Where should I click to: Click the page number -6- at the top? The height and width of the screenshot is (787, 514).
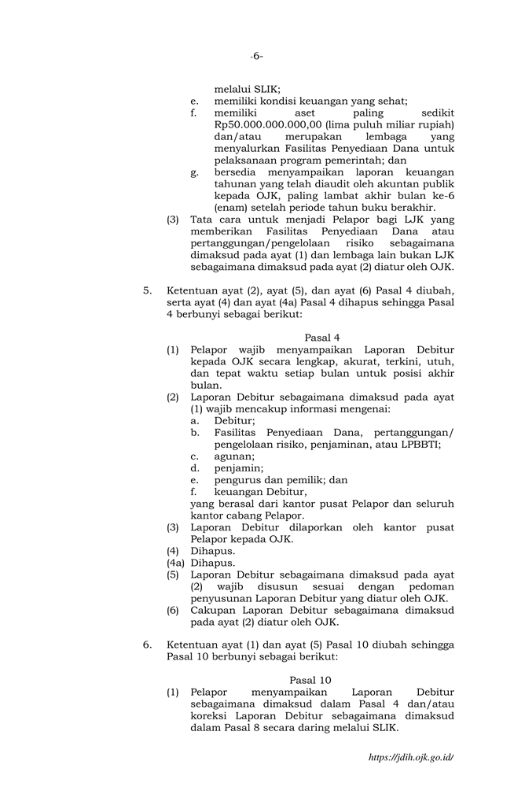coord(256,56)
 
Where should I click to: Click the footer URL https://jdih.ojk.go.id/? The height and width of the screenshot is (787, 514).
coord(411,757)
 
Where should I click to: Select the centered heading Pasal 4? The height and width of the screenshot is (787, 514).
coord(321,338)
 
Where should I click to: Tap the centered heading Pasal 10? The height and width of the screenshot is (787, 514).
coord(310,679)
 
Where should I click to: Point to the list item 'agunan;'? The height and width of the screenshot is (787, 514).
coord(234,456)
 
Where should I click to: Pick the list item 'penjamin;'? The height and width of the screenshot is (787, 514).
coord(238,467)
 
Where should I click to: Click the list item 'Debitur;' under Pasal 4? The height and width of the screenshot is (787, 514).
coord(234,421)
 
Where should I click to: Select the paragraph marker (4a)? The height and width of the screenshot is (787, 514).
coord(177,563)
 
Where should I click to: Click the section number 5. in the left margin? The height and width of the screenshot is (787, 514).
coord(148,290)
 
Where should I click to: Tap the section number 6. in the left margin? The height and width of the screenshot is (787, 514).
coord(148,645)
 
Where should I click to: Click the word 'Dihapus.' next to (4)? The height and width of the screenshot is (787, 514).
coord(212,551)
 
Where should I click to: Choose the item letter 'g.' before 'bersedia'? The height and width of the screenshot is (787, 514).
coord(194,172)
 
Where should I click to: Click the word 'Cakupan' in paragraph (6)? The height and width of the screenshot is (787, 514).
coord(215,610)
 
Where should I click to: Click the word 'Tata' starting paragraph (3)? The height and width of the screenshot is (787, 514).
coord(202,220)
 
